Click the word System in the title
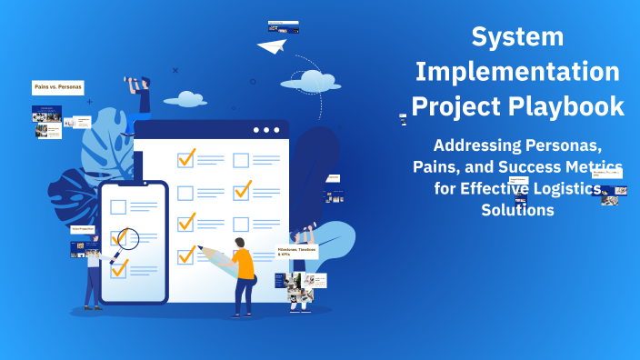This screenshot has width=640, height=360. coord(517,37)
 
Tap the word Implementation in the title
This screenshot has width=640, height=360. coord(517,72)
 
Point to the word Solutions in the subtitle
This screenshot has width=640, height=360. coord(516,209)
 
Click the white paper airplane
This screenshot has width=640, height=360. coord(272,45)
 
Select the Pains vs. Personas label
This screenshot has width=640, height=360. coord(57,87)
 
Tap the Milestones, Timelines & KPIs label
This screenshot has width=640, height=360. coord(298,252)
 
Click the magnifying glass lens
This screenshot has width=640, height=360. coord(127,238)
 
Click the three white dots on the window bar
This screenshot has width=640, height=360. coord(265,130)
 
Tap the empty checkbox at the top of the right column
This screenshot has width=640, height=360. coord(241,161)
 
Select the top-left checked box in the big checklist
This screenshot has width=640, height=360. coord(186,159)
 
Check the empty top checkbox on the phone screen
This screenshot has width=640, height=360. coord(118,206)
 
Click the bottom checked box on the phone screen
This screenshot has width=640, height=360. coord(119,267)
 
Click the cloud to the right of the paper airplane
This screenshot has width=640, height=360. coord(315,80)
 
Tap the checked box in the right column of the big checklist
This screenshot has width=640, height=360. coord(242,191)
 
